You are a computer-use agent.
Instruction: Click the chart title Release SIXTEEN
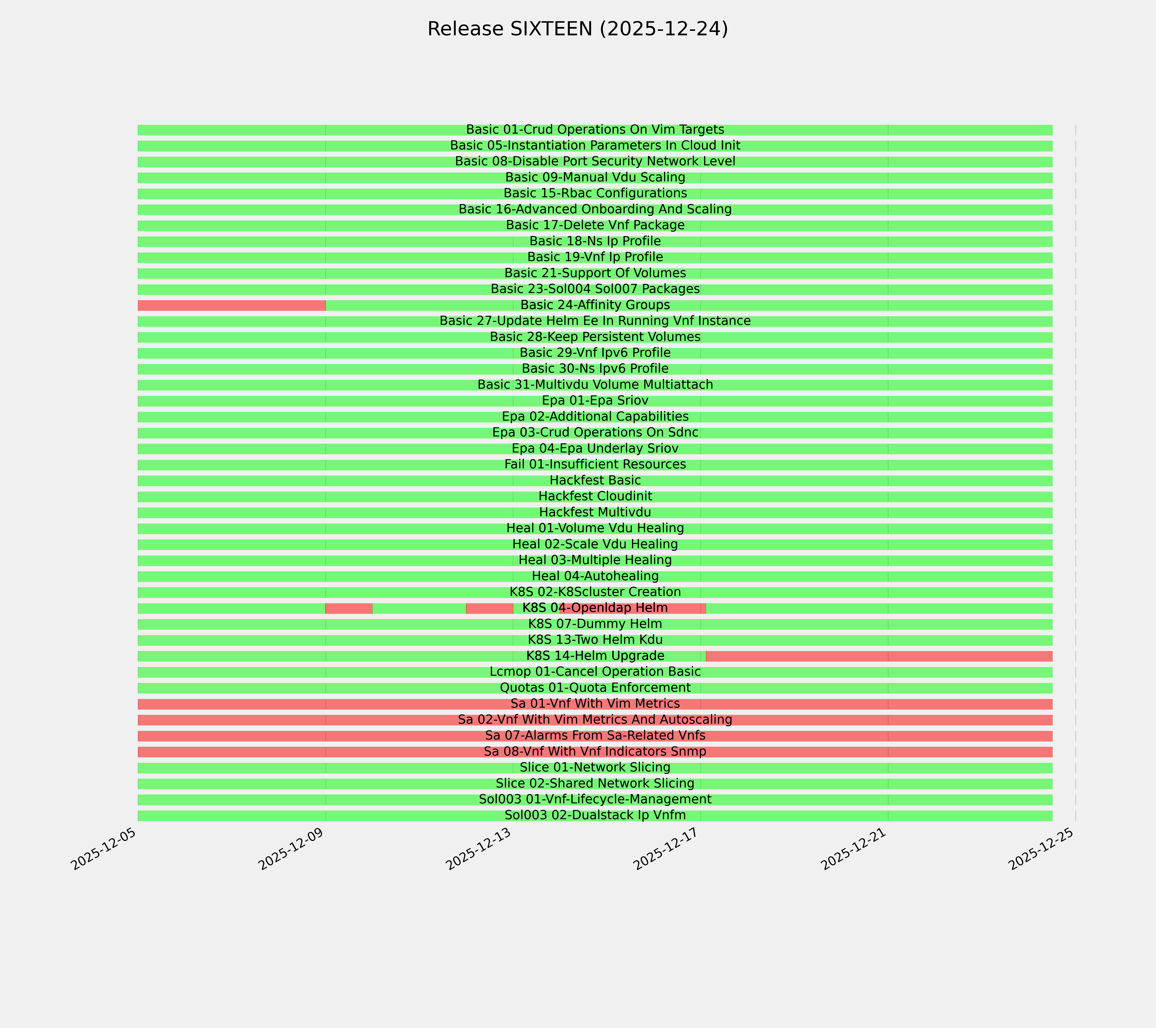pos(577,29)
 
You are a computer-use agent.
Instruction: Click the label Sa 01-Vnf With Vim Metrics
pos(595,704)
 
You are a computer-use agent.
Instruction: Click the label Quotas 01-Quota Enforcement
pos(595,688)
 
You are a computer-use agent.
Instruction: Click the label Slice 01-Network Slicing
pos(595,768)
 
